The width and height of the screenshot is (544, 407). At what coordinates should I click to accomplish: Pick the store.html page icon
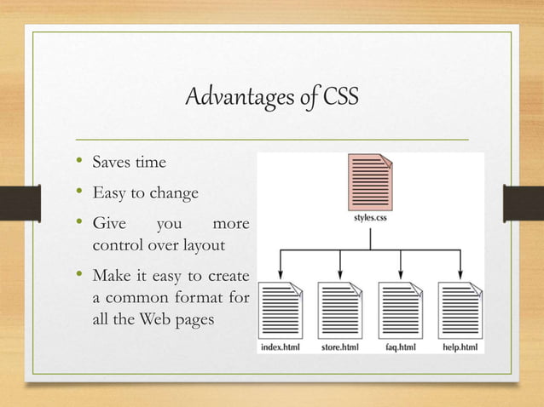pos(340,310)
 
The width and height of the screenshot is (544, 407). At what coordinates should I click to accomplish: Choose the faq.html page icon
pos(400,310)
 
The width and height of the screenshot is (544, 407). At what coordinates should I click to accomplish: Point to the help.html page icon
pos(459,310)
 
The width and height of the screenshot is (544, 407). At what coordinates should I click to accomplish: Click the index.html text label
pos(281,347)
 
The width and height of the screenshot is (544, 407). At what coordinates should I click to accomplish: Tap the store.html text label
pos(340,347)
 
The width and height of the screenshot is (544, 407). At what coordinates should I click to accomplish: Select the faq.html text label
pos(400,347)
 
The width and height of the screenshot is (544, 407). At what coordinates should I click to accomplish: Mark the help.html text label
pos(460,347)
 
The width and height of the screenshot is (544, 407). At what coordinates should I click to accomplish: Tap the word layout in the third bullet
pos(204,245)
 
